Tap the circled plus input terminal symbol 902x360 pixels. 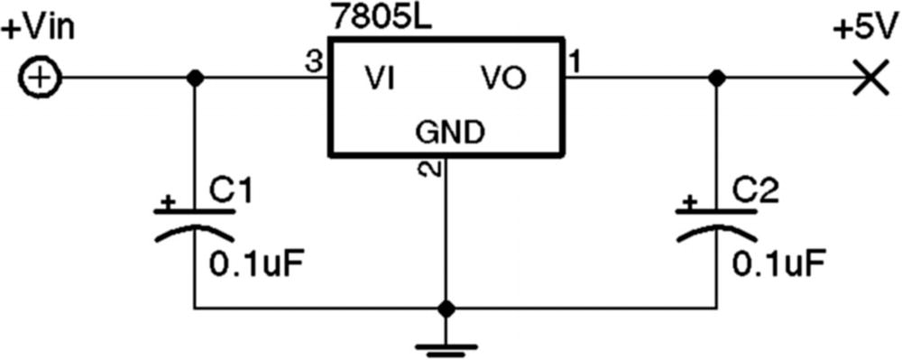(x=39, y=79)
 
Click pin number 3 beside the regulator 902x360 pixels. (x=313, y=62)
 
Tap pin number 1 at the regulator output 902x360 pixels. (x=575, y=62)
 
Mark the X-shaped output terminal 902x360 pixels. (x=870, y=78)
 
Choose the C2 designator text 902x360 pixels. (x=754, y=190)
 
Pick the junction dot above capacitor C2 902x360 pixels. (x=717, y=78)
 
